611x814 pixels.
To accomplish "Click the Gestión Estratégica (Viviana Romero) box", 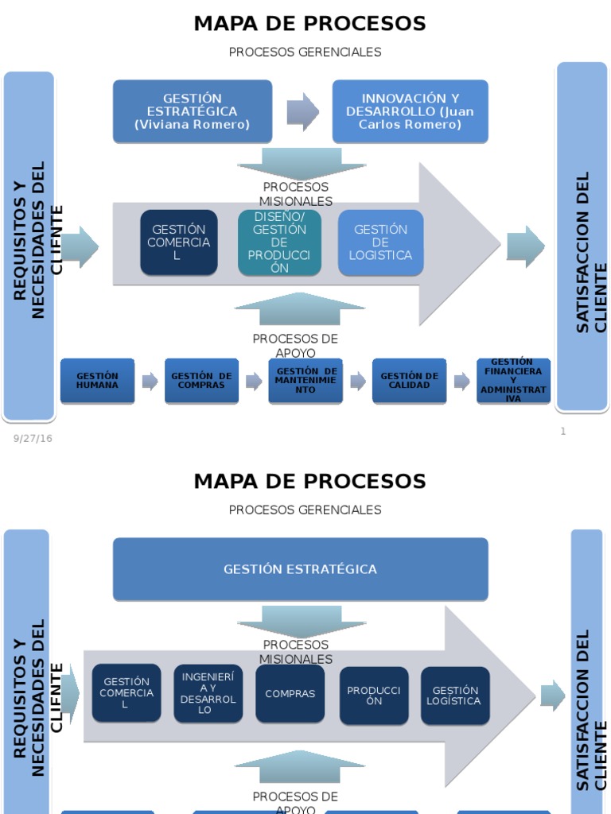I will tap(192, 111).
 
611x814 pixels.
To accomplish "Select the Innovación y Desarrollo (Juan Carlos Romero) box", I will tap(410, 111).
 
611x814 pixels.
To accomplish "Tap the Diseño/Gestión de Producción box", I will tap(279, 242).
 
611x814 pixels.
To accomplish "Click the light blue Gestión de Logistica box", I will tap(380, 242).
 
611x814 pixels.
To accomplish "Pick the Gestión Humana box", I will tap(97, 381).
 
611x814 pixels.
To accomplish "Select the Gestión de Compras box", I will tap(201, 381).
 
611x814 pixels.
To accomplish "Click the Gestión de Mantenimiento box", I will tap(305, 381).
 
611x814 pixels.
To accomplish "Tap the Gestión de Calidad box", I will tap(409, 381).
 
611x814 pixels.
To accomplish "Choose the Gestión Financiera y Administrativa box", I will tap(513, 381).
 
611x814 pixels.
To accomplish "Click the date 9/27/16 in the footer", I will tap(33, 438).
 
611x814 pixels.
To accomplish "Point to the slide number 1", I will tap(563, 432).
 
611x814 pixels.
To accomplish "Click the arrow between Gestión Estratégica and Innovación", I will tap(302, 111).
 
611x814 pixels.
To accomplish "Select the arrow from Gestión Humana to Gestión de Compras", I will tap(150, 382).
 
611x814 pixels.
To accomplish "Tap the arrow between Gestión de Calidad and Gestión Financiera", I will tap(461, 382).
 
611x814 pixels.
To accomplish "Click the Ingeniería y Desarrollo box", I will tap(208, 693).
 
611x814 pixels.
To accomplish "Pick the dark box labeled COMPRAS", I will tap(290, 693).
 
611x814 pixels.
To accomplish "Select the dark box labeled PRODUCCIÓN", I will tap(374, 696).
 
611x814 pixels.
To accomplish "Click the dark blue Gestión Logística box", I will tap(454, 696).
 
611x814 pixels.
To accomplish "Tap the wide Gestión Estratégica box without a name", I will tap(300, 569).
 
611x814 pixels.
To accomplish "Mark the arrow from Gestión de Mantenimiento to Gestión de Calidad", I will tap(358, 382).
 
